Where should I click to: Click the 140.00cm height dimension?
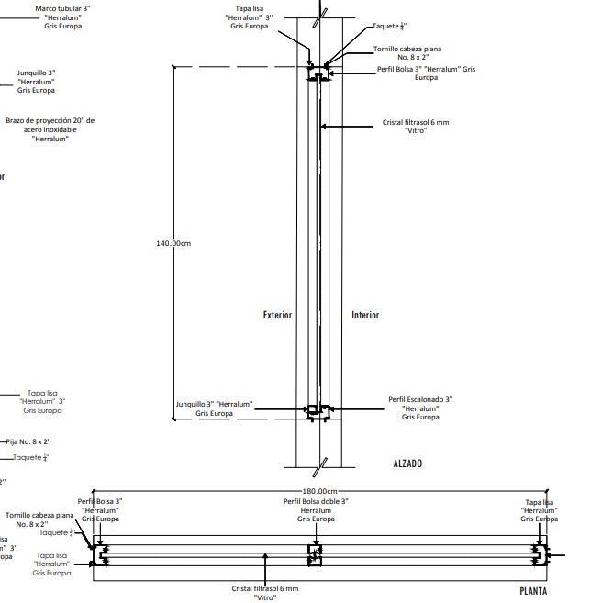pyautogui.click(x=173, y=243)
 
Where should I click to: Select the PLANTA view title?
pyautogui.click(x=533, y=591)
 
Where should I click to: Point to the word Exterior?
pyautogui.click(x=277, y=315)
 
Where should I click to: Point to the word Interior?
pyautogui.click(x=365, y=315)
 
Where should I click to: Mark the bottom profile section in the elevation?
pyautogui.click(x=318, y=410)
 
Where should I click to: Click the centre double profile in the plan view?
pyautogui.click(x=315, y=554)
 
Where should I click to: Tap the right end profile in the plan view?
pyautogui.click(x=541, y=554)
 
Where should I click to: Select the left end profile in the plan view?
pyautogui.click(x=100, y=554)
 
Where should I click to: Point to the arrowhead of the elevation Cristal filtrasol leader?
pyautogui.click(x=322, y=127)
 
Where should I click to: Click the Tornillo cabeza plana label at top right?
pyautogui.click(x=401, y=52)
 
